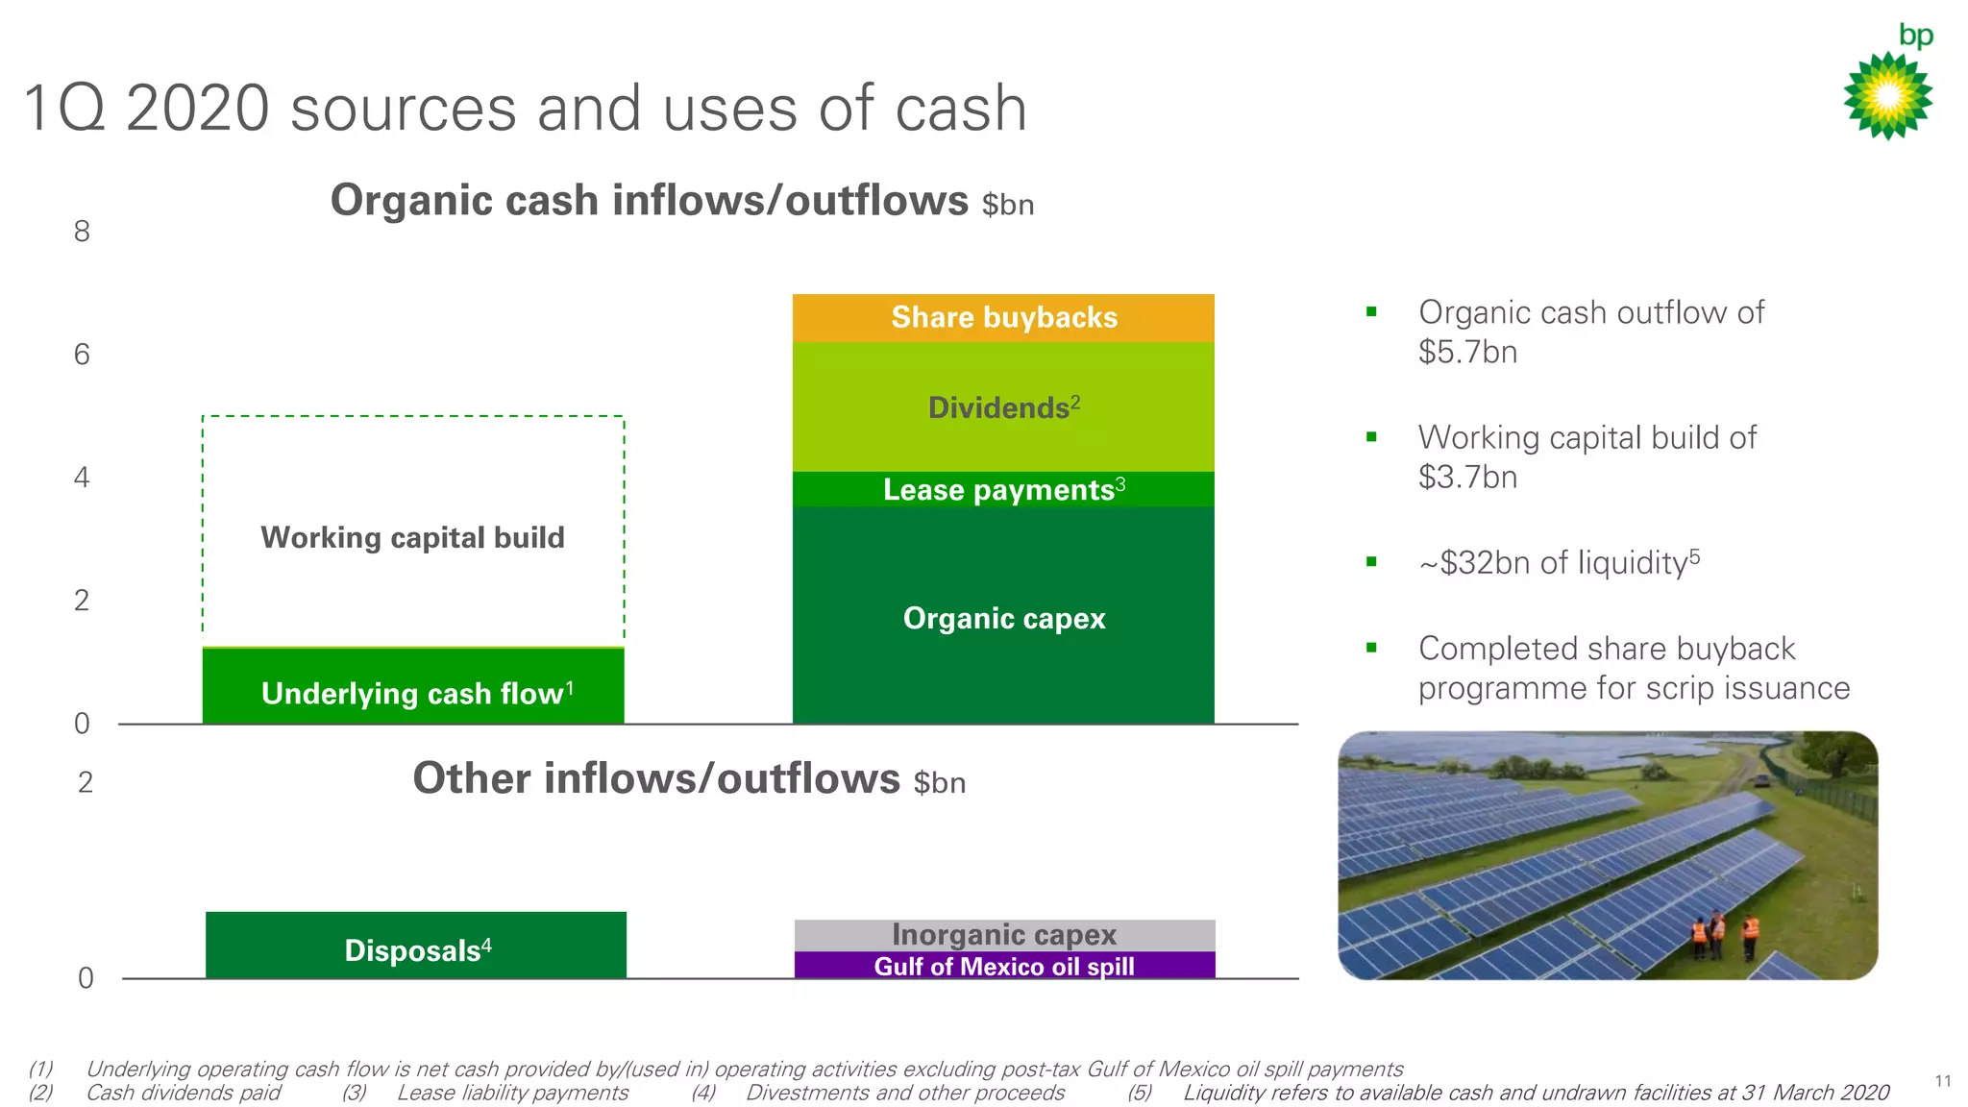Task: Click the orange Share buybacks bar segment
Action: click(x=1003, y=318)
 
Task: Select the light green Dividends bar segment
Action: click(x=1003, y=407)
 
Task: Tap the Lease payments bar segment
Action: click(x=1003, y=489)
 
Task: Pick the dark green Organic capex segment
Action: click(x=1003, y=617)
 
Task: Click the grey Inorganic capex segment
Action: click(x=1004, y=935)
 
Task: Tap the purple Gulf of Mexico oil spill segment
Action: click(x=1004, y=966)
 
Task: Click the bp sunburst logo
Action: click(x=1888, y=95)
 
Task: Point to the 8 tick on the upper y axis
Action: click(x=82, y=232)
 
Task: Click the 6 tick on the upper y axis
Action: click(x=82, y=355)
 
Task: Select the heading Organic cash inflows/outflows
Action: click(x=650, y=201)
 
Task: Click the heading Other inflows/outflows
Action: click(x=656, y=778)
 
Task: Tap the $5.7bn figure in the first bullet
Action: click(x=1467, y=353)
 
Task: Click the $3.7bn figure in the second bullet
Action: click(x=1467, y=478)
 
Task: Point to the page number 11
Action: click(x=1943, y=1081)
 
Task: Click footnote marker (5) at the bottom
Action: click(x=1139, y=1093)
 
